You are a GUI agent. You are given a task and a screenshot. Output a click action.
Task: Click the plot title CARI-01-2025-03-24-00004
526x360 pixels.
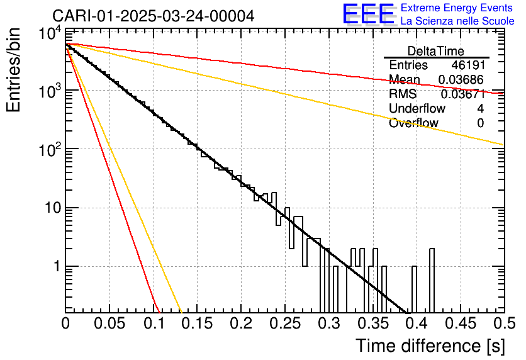click(154, 16)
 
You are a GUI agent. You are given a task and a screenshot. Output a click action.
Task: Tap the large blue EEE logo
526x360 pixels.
click(368, 14)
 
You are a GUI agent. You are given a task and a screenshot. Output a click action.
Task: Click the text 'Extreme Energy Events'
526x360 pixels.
click(457, 8)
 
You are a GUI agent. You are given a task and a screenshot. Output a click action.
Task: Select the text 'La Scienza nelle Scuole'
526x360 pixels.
click(457, 21)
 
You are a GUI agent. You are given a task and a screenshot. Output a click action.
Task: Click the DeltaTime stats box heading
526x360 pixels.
click(436, 51)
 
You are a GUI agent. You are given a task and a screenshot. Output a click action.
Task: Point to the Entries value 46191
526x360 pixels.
click(467, 65)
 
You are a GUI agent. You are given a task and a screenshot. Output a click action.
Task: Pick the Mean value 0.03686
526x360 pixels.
click(461, 80)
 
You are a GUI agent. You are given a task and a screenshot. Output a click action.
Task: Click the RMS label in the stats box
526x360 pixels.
click(403, 94)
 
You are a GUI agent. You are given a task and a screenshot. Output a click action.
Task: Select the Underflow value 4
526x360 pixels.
click(480, 109)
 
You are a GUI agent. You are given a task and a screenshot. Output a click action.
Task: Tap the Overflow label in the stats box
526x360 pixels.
click(413, 123)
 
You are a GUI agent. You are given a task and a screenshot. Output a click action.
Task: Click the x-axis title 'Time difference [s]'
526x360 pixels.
click(429, 346)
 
